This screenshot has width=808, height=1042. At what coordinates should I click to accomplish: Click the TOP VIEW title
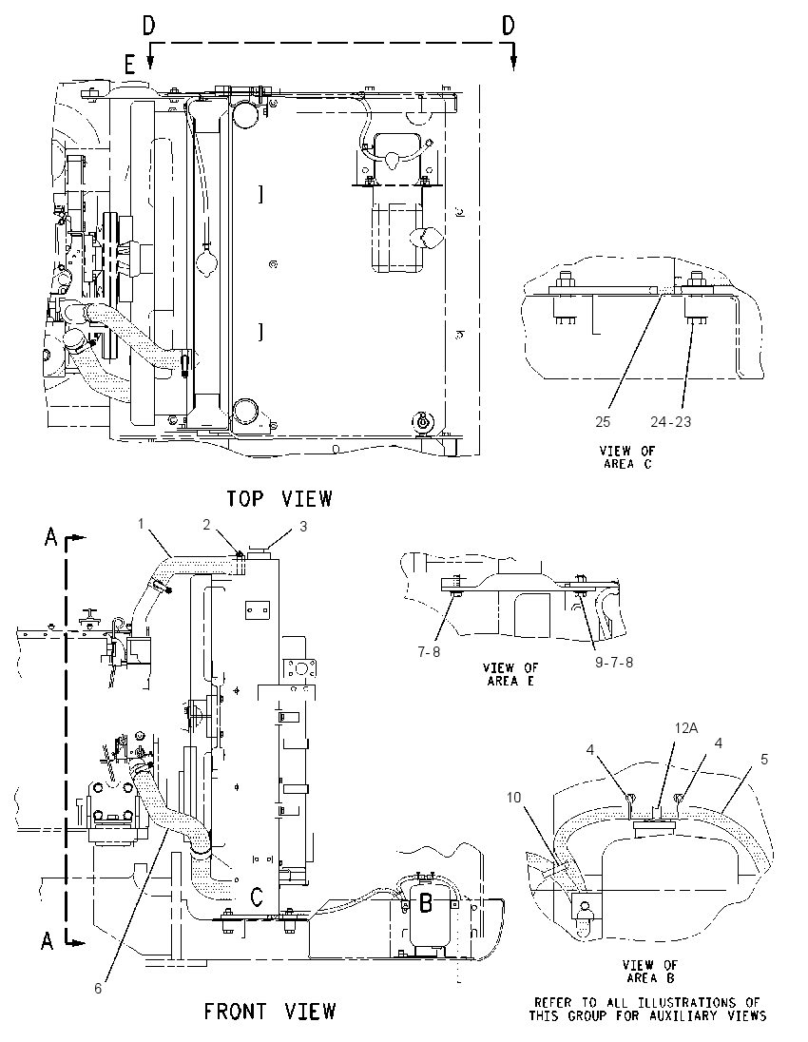tap(279, 498)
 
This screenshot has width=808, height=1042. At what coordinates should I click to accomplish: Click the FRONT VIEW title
tap(270, 1012)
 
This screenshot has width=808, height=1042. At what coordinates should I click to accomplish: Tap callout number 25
tap(603, 421)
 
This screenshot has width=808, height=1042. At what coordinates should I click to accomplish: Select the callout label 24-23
tap(670, 421)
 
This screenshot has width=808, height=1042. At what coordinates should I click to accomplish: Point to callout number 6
tap(98, 988)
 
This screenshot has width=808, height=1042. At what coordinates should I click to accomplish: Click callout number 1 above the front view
tap(141, 524)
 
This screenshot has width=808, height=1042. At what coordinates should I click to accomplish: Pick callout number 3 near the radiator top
tap(303, 527)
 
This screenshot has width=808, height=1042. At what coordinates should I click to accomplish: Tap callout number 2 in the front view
tap(206, 524)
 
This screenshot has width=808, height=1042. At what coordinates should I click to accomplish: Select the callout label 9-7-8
tap(614, 663)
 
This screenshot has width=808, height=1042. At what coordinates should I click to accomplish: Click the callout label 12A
tap(686, 727)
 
